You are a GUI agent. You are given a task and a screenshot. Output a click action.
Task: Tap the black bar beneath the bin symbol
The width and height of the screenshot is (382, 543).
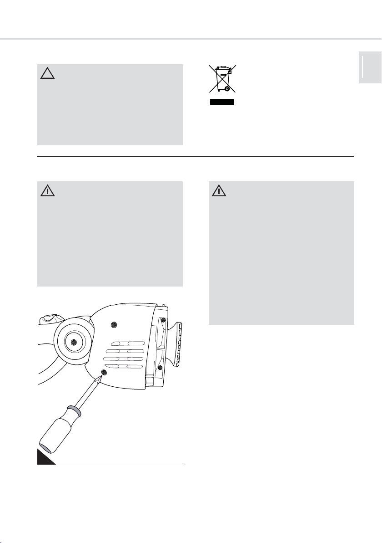221,102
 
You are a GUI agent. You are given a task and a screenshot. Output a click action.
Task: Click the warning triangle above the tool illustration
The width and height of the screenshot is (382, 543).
47,190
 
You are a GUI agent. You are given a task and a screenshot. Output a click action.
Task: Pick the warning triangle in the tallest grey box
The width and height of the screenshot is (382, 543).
219,190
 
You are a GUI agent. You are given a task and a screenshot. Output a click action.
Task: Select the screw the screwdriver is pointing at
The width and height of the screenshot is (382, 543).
104,373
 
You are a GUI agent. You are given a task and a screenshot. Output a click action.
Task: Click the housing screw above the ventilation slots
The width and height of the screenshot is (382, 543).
114,325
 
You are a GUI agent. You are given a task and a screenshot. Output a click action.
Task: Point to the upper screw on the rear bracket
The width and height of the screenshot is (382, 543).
163,320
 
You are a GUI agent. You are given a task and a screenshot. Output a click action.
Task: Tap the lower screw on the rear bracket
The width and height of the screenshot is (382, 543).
160,367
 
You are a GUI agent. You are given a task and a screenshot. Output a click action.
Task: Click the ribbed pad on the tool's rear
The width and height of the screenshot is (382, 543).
177,344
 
